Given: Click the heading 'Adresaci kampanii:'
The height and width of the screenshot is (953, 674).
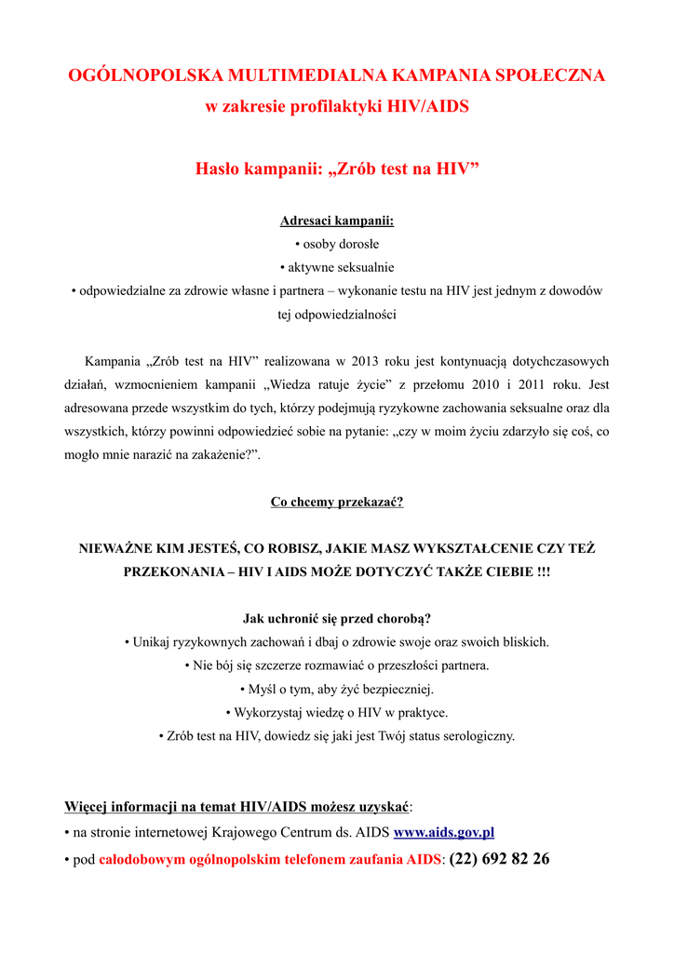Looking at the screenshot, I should coord(337,221).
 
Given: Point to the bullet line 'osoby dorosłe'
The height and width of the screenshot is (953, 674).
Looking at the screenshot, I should coord(337,244).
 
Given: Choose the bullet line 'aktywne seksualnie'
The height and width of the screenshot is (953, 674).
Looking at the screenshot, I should coord(337,267).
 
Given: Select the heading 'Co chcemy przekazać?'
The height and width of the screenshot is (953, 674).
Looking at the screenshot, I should coord(337,502).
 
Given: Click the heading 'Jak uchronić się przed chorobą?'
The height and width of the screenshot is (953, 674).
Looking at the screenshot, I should coord(337,618).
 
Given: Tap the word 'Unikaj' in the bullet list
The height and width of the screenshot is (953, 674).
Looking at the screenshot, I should coord(153,642).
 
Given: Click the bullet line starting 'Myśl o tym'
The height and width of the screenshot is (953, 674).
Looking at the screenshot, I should coord(337,690).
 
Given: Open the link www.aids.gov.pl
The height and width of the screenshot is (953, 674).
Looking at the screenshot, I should coord(444,833).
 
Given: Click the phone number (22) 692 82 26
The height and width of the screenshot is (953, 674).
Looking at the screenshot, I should coord(499,858).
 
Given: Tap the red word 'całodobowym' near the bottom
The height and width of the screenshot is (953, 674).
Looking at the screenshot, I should coord(134,859).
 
